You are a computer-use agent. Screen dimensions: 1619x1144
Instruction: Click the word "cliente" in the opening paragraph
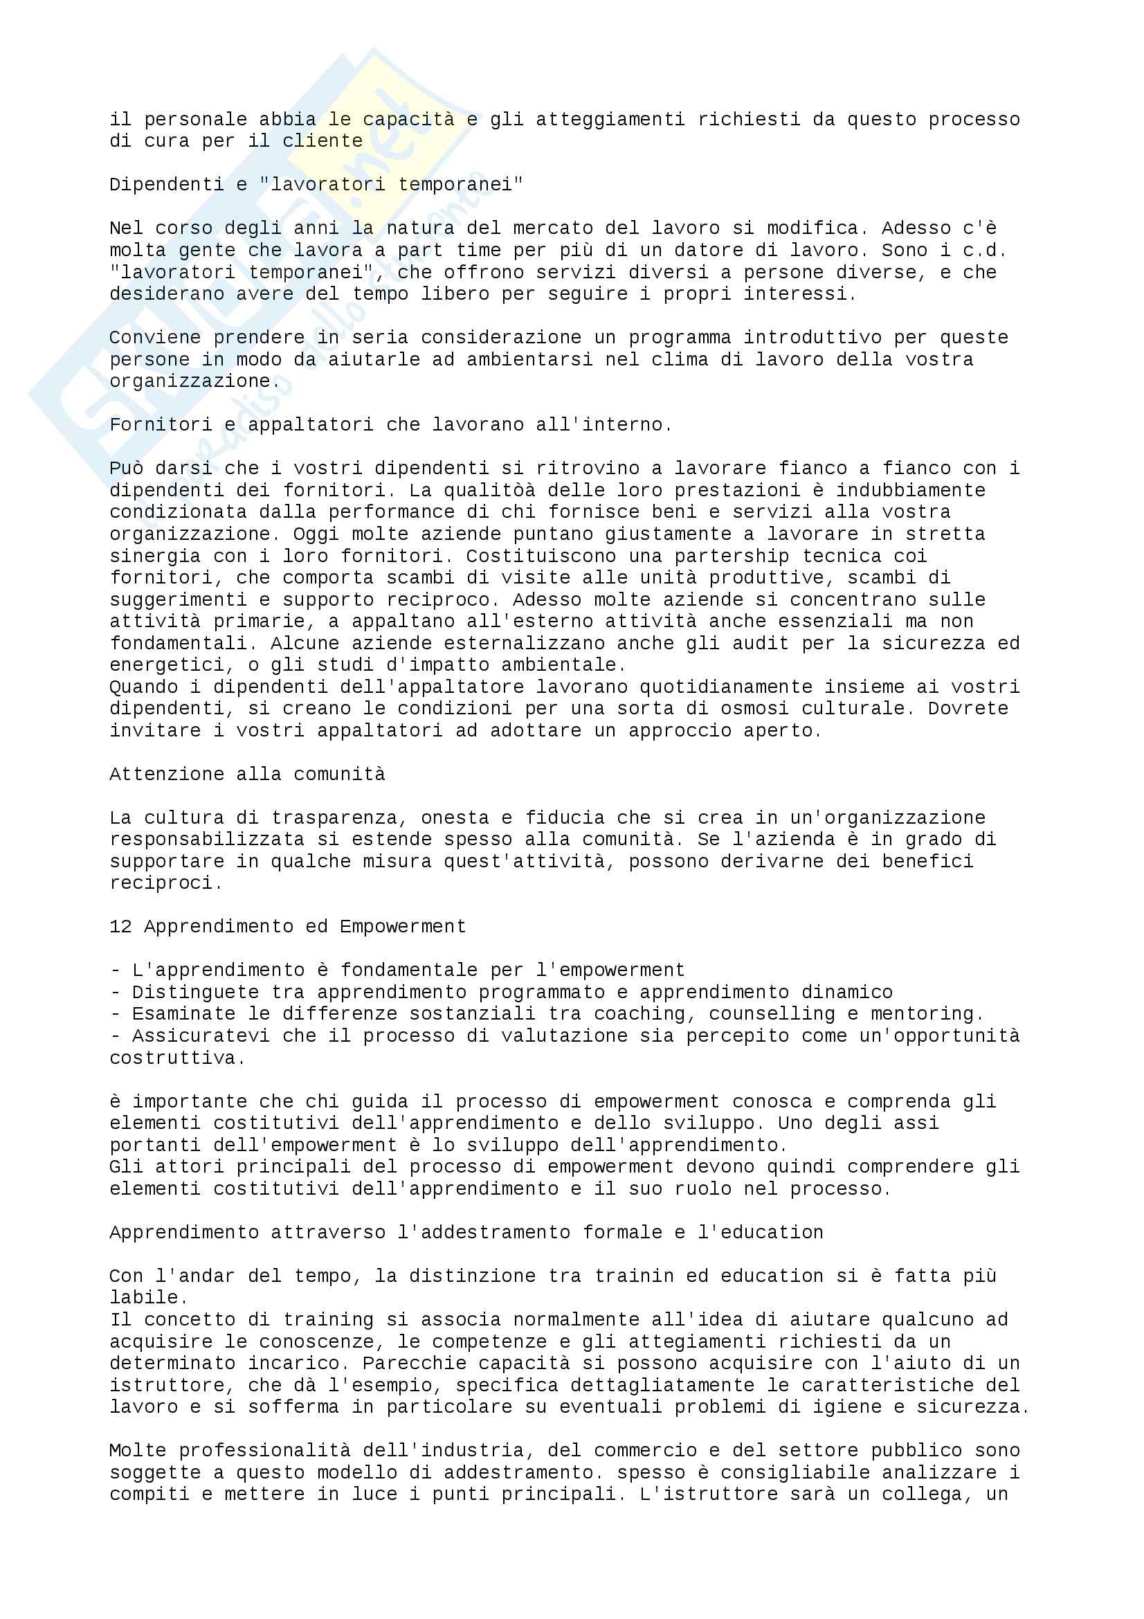click(322, 141)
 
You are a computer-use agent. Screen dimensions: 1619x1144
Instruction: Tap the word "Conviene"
click(155, 338)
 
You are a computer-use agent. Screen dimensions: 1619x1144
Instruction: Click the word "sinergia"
click(155, 556)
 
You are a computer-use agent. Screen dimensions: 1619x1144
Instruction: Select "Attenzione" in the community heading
click(166, 775)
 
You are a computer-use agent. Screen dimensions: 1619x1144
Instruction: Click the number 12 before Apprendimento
click(120, 927)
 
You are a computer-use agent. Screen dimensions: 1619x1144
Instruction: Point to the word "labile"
click(143, 1297)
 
